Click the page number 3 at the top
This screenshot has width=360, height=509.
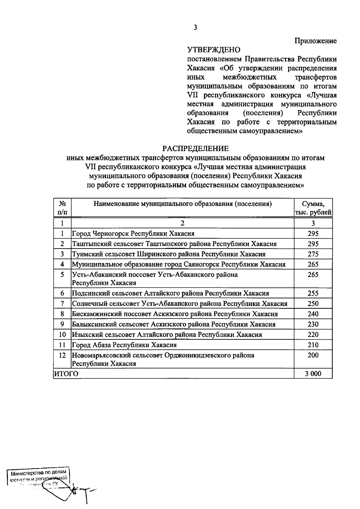195,28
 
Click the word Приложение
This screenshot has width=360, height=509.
315,41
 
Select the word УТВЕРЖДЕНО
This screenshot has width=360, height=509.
214,49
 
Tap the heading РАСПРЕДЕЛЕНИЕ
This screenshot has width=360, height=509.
195,148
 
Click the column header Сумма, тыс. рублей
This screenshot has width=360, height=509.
313,208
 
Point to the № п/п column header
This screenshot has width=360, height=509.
62,208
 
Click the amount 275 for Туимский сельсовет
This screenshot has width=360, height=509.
313,254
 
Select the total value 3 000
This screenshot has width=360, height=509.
313,374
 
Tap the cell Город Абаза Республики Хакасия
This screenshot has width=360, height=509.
124,345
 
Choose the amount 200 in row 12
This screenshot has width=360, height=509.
313,355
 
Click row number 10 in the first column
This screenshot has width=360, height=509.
62,335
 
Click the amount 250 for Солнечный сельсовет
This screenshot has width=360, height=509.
313,304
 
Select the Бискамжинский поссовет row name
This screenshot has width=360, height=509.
175,314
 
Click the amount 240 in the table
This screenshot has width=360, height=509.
313,314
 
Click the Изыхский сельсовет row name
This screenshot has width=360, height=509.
167,335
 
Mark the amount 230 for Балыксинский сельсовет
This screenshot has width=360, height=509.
313,324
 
